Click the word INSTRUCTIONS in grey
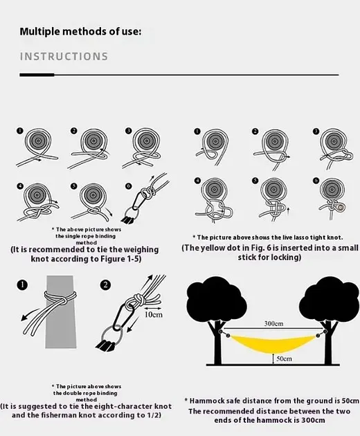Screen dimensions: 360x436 point(64,57)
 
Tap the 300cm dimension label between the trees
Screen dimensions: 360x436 point(273,323)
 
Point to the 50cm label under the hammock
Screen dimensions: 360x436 point(284,358)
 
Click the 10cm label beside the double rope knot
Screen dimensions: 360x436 point(153,314)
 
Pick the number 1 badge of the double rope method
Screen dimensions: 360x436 point(22,285)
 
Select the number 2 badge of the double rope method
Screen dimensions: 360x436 point(105,285)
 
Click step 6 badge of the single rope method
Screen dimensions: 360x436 point(128,186)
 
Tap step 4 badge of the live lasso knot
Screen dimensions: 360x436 point(197,181)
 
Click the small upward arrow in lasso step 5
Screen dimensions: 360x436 point(288,211)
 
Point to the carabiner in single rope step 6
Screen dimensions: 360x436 point(138,199)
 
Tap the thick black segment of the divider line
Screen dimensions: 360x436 point(37,75)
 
